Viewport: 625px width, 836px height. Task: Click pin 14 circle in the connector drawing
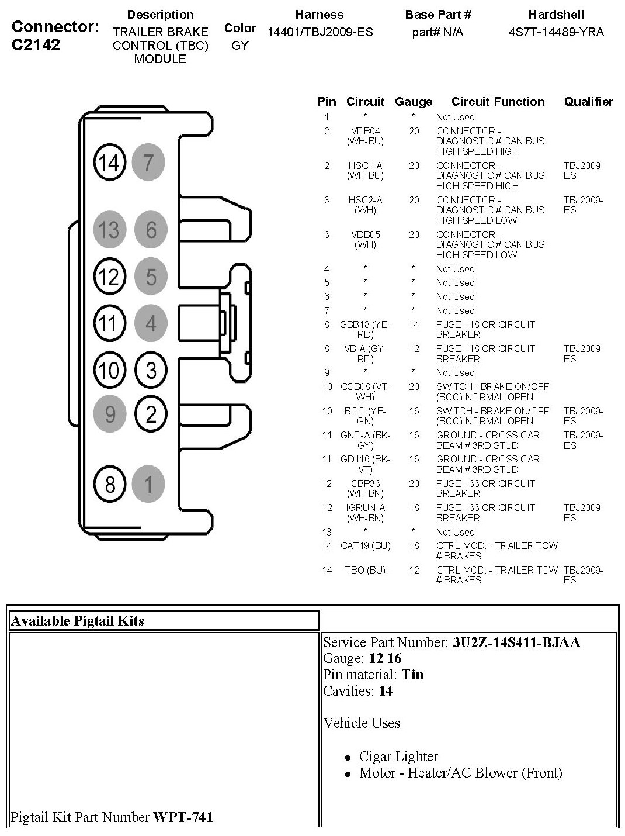[110, 163]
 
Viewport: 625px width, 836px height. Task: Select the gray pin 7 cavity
[148, 163]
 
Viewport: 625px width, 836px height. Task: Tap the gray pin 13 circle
[110, 229]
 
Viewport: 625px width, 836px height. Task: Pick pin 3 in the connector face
[151, 370]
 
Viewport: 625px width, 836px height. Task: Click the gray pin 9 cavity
[110, 414]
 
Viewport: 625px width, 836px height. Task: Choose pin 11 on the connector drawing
[110, 323]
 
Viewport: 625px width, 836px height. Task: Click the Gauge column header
[414, 102]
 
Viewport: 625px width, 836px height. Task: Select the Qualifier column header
[588, 101]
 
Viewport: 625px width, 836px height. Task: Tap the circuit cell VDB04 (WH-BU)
[365, 136]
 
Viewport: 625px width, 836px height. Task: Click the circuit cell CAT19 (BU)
[365, 545]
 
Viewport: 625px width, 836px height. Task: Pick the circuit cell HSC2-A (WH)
[365, 205]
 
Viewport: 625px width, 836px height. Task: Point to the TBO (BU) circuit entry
[365, 570]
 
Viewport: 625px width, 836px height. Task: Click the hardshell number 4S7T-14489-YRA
[556, 32]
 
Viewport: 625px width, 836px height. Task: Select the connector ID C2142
[36, 44]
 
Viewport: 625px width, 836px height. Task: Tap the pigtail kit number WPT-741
[183, 817]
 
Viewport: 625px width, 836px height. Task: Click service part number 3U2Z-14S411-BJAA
[516, 642]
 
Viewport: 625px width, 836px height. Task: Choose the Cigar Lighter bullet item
[398, 756]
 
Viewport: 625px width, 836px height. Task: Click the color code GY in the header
[239, 46]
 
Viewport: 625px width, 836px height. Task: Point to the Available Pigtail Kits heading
[78, 621]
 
